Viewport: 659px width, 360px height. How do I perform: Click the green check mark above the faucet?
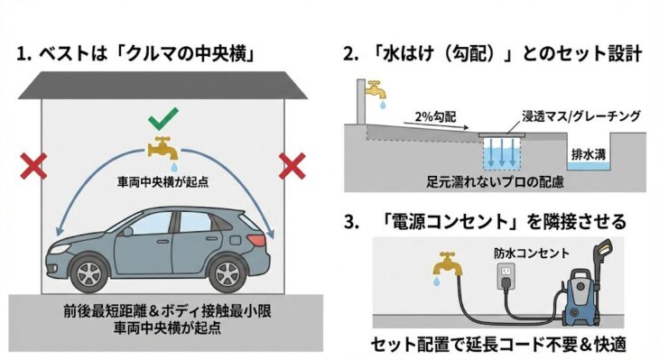pyautogui.click(x=163, y=118)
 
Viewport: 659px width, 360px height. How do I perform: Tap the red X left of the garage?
pyautogui.click(x=33, y=166)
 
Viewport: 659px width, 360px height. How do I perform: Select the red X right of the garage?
pyautogui.click(x=292, y=166)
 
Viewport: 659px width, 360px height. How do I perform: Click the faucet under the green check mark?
pyautogui.click(x=163, y=149)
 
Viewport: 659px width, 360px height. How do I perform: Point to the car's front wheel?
pyautogui.click(x=88, y=273)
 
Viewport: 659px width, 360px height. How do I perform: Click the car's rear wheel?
pyautogui.click(x=227, y=273)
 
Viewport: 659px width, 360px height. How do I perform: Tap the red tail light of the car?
pyautogui.click(x=256, y=240)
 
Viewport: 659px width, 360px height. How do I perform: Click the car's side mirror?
pyautogui.click(x=127, y=231)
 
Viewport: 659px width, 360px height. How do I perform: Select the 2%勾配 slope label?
pyautogui.click(x=435, y=116)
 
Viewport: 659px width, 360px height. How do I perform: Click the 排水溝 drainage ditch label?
pyautogui.click(x=589, y=154)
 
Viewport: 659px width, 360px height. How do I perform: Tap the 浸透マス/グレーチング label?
pyautogui.click(x=581, y=115)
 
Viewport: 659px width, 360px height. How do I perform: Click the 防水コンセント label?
pyautogui.click(x=531, y=253)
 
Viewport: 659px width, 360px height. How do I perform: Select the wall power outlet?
pyautogui.click(x=506, y=276)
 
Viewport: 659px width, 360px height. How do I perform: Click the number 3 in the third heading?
pyautogui.click(x=349, y=222)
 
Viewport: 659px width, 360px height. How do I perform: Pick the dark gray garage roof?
pyautogui.click(x=163, y=86)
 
